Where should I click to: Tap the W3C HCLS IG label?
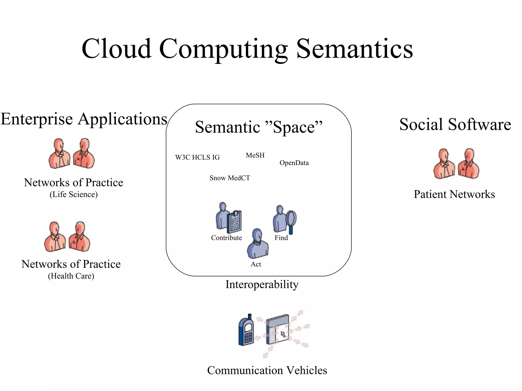point(197,157)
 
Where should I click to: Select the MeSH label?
point(255,155)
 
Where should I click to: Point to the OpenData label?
point(294,163)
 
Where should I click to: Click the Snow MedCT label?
point(230,178)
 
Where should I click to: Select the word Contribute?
point(226,238)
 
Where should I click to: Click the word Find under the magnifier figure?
point(281,238)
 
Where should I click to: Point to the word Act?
point(256,264)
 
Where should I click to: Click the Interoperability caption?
point(262,284)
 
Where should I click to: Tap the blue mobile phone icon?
point(246,330)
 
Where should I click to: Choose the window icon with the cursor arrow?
point(278,330)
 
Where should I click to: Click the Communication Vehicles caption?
point(267,370)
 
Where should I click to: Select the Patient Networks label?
point(454,194)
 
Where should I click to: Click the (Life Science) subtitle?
point(74,194)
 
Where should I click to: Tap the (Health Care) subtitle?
point(71,276)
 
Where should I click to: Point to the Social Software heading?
point(455,124)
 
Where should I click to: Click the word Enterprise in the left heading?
point(37,119)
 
